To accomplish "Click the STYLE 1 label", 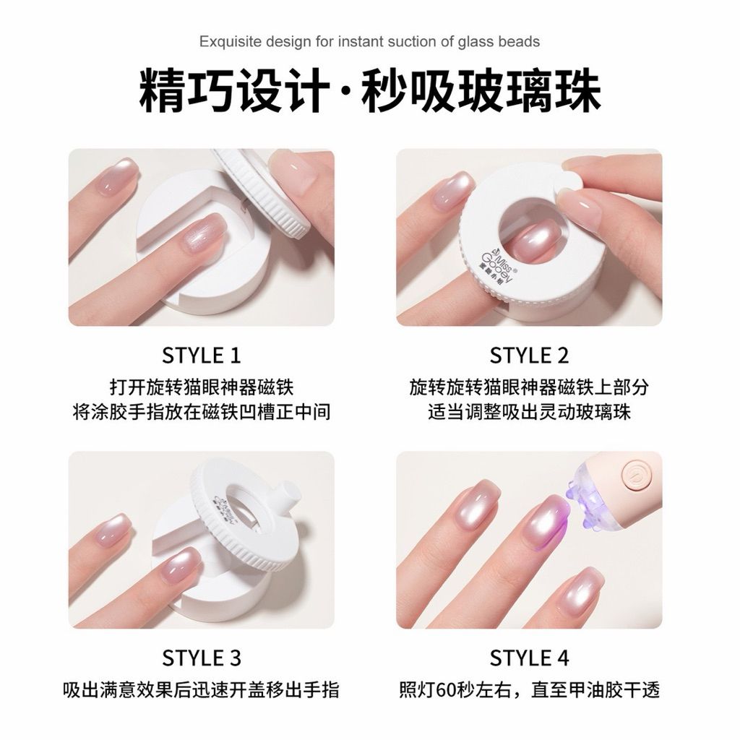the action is [x=202, y=356].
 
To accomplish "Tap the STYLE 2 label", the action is [x=529, y=356].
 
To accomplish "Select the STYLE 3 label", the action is [x=202, y=658].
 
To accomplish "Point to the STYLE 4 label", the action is [x=529, y=658].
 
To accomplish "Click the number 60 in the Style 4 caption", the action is [x=447, y=690].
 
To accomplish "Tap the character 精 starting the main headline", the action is [x=160, y=90].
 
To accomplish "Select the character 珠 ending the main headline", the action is [x=578, y=90].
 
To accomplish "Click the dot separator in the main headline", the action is [x=345, y=90].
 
